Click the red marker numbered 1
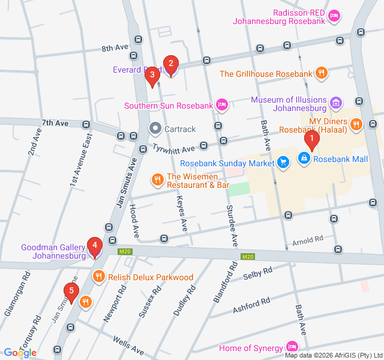pos(311,140)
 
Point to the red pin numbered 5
pos(71,293)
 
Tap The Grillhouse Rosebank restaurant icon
pos(322,73)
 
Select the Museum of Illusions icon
pos(335,104)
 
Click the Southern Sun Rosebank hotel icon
pos(222,106)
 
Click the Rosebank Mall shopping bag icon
pos(304,158)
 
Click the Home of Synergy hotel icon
pos(292,347)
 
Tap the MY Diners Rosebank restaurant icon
pos(357,125)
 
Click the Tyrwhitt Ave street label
pos(174,148)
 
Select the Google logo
pos(20,352)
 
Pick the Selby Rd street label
pos(259,274)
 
